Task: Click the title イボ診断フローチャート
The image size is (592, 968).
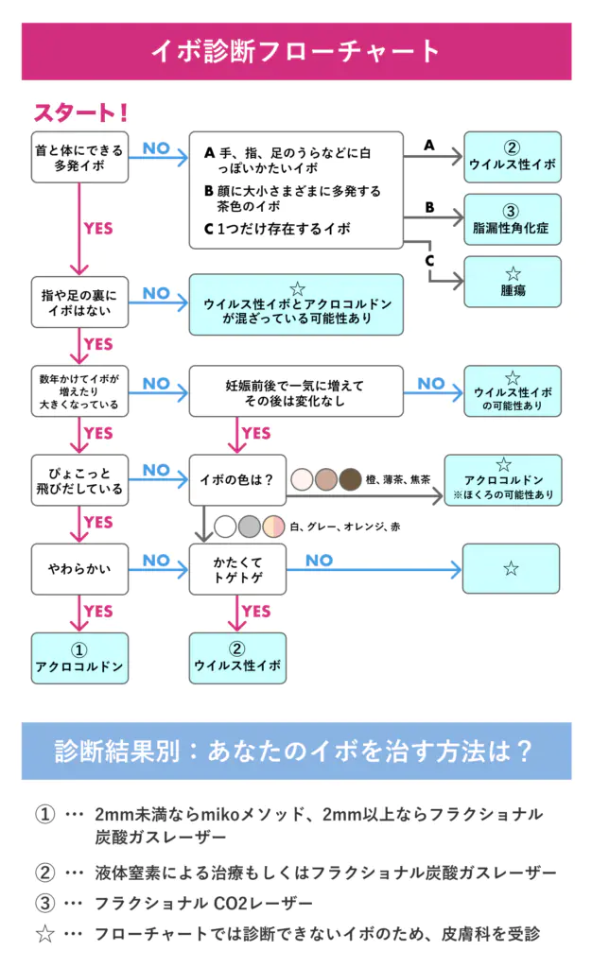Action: click(296, 51)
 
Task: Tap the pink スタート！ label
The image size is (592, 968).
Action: click(81, 113)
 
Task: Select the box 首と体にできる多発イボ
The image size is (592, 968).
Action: click(80, 157)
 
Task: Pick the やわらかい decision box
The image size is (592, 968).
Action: click(80, 569)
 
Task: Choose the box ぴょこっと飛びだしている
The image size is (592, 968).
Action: click(80, 479)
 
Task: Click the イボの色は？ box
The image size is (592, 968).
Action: click(237, 479)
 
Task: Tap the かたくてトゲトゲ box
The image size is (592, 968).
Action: click(237, 569)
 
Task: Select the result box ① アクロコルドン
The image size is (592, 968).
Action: click(80, 658)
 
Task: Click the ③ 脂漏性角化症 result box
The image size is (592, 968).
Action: click(512, 219)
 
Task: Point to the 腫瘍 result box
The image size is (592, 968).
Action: click(512, 282)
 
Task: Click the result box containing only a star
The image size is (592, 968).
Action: click(512, 569)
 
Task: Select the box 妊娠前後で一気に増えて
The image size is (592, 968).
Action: click(295, 390)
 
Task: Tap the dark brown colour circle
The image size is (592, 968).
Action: click(351, 479)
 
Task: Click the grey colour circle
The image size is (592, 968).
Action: click(250, 527)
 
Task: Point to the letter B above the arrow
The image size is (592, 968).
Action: click(428, 207)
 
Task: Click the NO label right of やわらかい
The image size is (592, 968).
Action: click(156, 561)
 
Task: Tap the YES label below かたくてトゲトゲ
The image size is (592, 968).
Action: click(256, 612)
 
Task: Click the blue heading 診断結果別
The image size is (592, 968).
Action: click(296, 752)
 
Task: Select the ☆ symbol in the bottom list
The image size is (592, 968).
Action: click(44, 934)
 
